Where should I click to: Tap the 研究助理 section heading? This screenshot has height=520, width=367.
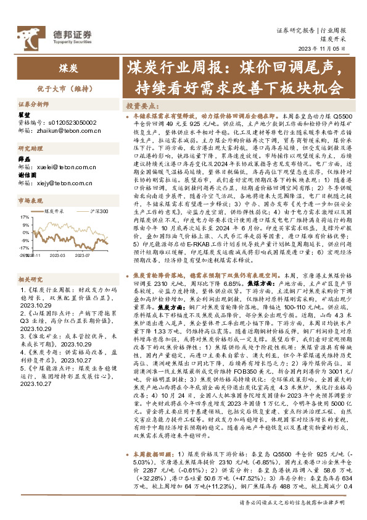point(30,148)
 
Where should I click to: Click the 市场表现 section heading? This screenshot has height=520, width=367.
point(30,200)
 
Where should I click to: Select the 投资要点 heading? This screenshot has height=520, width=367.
point(141,106)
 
